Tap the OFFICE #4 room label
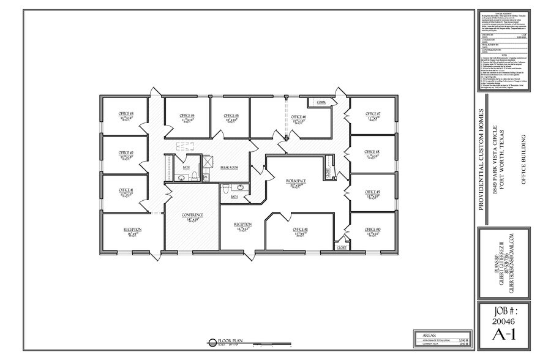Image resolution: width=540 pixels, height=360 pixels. (187, 115)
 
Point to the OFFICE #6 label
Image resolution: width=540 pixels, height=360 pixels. (298, 116)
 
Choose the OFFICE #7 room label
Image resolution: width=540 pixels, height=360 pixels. (373, 114)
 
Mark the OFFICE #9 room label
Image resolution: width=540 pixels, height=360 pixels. (373, 192)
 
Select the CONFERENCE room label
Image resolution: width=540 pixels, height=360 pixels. (192, 216)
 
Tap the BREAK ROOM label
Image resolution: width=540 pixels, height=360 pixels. (230, 167)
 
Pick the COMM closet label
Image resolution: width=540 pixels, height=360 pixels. (320, 102)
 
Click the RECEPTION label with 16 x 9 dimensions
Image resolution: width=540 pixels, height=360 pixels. (133, 230)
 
